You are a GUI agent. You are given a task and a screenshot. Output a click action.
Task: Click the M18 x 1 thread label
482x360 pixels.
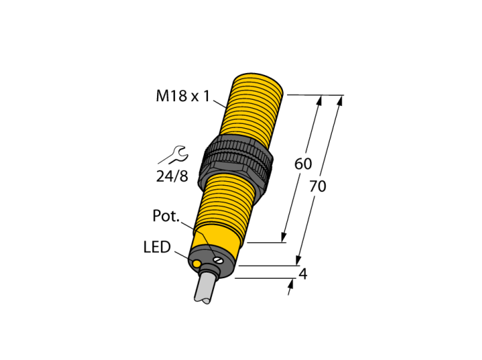pyautogui.click(x=182, y=96)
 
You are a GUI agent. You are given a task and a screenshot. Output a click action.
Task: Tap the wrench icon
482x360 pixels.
pyautogui.click(x=174, y=155)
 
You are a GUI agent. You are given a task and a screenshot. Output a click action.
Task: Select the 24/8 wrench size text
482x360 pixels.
pyautogui.click(x=172, y=176)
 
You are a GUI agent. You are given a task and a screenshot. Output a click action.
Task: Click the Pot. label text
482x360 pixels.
pyautogui.click(x=166, y=216)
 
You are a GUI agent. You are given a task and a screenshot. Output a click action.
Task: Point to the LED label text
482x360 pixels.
pyautogui.click(x=157, y=247)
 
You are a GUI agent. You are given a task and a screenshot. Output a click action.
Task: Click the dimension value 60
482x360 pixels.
pyautogui.click(x=303, y=164)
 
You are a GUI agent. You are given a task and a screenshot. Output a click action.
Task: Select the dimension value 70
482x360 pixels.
pyautogui.click(x=317, y=187)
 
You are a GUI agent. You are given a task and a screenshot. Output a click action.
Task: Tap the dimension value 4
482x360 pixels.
pyautogui.click(x=303, y=274)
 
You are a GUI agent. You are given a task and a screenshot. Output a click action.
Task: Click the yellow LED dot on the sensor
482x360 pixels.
pyautogui.click(x=196, y=263)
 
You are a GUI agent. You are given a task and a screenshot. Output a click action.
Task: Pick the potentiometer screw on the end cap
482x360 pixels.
pyautogui.click(x=218, y=260)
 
